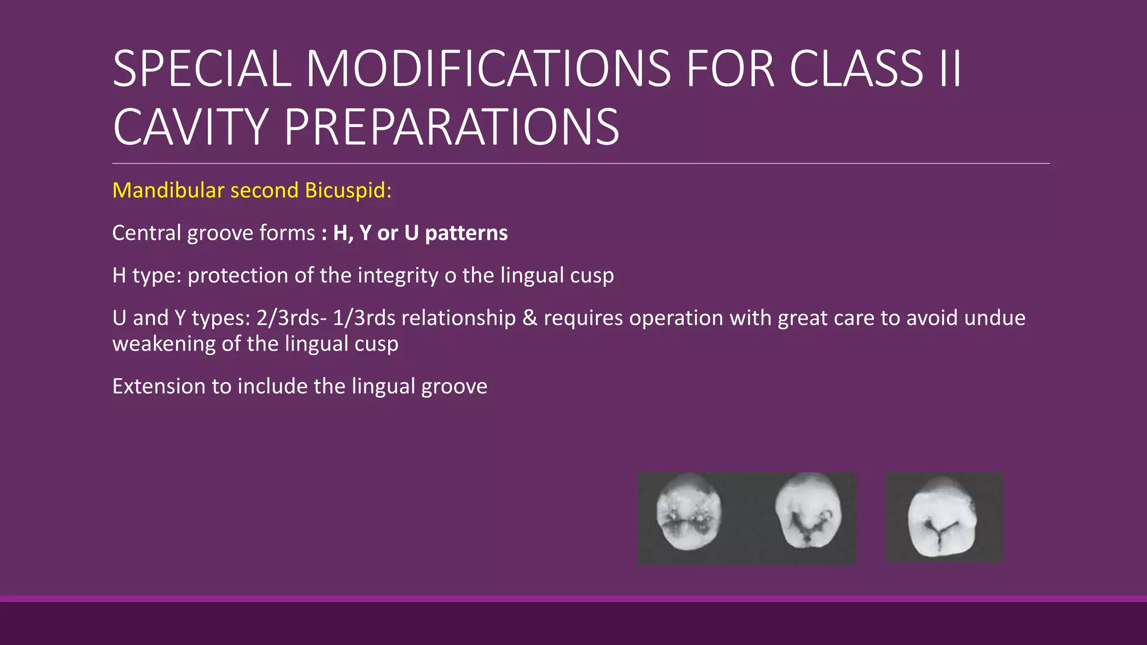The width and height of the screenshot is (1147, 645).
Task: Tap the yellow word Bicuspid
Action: tap(348, 190)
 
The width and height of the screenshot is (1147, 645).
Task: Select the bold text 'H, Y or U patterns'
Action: tap(420, 233)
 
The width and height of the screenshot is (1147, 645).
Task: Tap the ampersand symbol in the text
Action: tap(529, 318)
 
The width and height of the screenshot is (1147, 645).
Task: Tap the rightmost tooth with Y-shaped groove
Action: tap(942, 518)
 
